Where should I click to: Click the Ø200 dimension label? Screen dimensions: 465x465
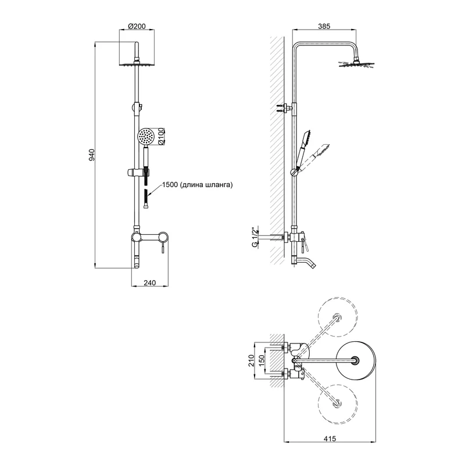[137, 26]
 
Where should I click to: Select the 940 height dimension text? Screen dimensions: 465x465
[92, 155]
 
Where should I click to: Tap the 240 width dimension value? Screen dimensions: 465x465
[150, 283]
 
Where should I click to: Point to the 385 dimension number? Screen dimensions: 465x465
[324, 26]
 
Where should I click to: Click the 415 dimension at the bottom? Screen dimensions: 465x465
[330, 438]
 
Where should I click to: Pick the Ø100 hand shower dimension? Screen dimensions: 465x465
[161, 136]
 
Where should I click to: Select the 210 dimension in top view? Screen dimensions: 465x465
[252, 360]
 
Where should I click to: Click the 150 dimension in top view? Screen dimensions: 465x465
[262, 360]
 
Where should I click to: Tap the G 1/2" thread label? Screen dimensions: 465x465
[254, 237]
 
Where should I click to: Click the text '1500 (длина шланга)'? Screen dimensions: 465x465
[198, 184]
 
